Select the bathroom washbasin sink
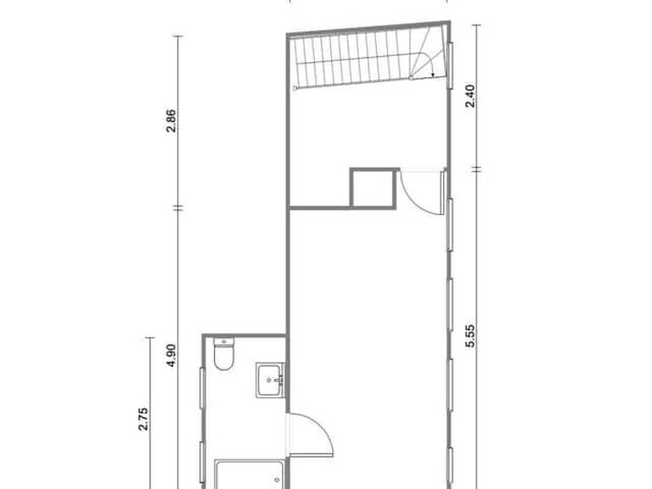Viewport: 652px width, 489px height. pos(271,379)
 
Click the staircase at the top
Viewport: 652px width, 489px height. pos(365,61)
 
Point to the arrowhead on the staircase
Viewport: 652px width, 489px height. pos(433,75)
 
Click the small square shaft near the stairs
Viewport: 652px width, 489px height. pos(374,188)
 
